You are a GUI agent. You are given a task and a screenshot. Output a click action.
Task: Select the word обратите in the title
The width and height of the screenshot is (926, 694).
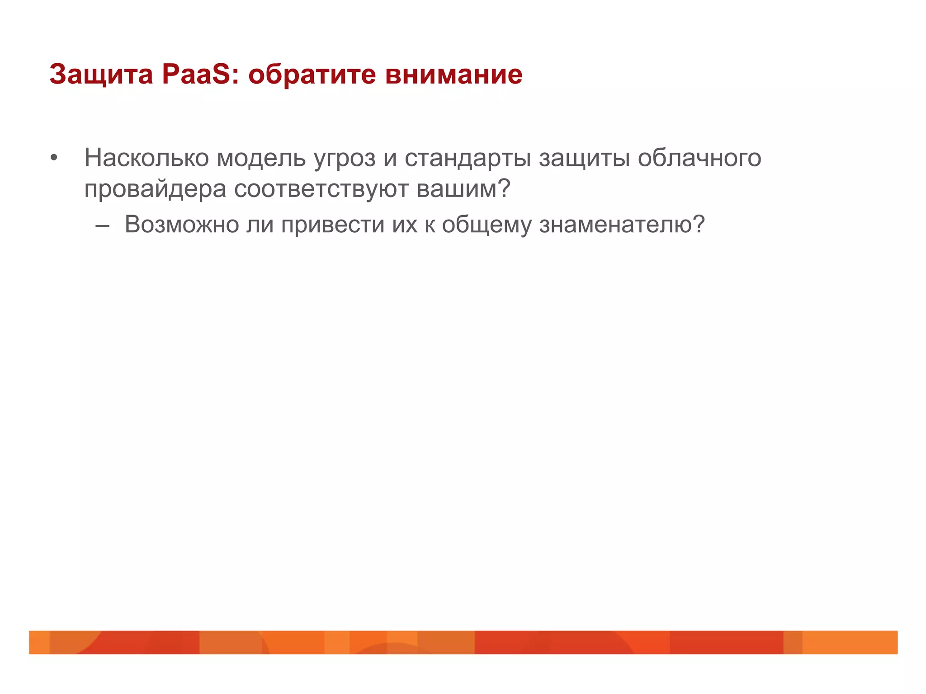point(312,75)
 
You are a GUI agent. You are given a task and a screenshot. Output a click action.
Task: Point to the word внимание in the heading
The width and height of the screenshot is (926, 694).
point(454,75)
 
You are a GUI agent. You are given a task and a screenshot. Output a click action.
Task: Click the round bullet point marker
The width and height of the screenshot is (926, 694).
point(54,159)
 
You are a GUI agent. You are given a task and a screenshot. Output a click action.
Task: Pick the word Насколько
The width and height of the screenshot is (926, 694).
point(146,158)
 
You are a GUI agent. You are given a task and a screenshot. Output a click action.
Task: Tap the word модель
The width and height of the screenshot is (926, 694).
point(261,158)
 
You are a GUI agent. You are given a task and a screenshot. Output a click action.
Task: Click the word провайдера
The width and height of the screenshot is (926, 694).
point(155,189)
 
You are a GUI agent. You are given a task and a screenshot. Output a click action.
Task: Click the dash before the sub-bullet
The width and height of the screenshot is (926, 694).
point(103,225)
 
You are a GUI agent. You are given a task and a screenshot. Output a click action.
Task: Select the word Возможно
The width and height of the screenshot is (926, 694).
point(182,224)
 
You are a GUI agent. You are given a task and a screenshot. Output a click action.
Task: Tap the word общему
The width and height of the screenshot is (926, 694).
point(487,225)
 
